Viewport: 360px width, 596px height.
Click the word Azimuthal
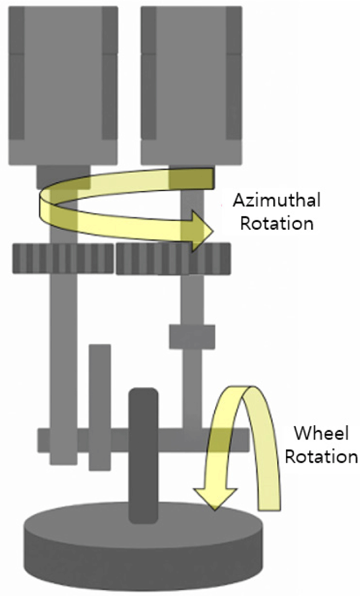pyautogui.click(x=276, y=201)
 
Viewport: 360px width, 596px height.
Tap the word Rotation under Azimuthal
pyautogui.click(x=277, y=222)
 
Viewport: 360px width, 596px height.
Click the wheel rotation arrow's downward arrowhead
pyautogui.click(x=214, y=498)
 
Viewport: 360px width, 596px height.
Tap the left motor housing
pyautogui.click(x=63, y=85)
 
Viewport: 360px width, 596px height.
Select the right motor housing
pyautogui.click(x=191, y=85)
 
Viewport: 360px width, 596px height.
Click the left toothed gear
pyautogui.click(x=63, y=258)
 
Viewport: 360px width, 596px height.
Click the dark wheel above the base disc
pyautogui.click(x=143, y=454)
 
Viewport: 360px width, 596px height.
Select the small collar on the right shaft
pyautogui.click(x=192, y=336)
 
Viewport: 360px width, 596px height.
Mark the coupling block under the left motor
pyautogui.click(x=63, y=176)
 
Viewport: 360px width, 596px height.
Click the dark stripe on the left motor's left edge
pyautogui.click(x=17, y=85)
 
